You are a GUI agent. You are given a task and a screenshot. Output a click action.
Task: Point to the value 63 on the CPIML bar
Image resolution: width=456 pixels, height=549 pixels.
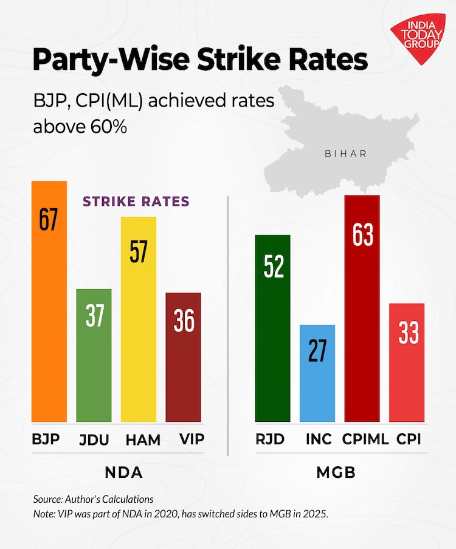pos(362,234)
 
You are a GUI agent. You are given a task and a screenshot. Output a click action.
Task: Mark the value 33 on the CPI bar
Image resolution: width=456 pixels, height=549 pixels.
pos(407,334)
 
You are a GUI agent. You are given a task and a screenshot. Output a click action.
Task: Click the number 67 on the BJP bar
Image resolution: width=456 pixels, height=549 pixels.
pos(49,219)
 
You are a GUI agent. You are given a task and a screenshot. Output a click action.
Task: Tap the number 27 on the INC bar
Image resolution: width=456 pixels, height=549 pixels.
pos(317,351)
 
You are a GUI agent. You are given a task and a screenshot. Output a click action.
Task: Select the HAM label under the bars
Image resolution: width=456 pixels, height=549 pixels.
pos(139,439)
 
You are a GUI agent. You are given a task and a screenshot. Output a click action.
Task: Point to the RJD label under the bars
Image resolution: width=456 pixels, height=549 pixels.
pos(270,439)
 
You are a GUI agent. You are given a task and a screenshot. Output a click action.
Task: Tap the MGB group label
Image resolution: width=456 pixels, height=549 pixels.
pos(337,472)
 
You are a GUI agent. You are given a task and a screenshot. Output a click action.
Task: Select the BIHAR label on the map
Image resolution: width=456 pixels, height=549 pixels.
pos(346,153)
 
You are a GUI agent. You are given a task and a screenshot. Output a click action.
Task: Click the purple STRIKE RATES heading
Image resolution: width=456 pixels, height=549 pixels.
pos(136,201)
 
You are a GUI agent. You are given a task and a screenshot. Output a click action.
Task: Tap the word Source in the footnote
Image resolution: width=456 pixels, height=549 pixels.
pos(47,499)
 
